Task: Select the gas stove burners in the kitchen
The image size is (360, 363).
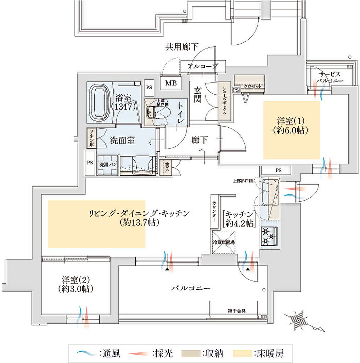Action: click(269, 236)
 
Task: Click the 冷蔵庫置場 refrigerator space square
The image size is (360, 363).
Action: click(224, 242)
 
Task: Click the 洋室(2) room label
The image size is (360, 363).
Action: click(76, 284)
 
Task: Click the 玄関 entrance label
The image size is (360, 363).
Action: click(197, 95)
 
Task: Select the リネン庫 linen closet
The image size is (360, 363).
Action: click(91, 138)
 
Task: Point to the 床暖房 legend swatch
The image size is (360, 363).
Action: click(242, 353)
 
